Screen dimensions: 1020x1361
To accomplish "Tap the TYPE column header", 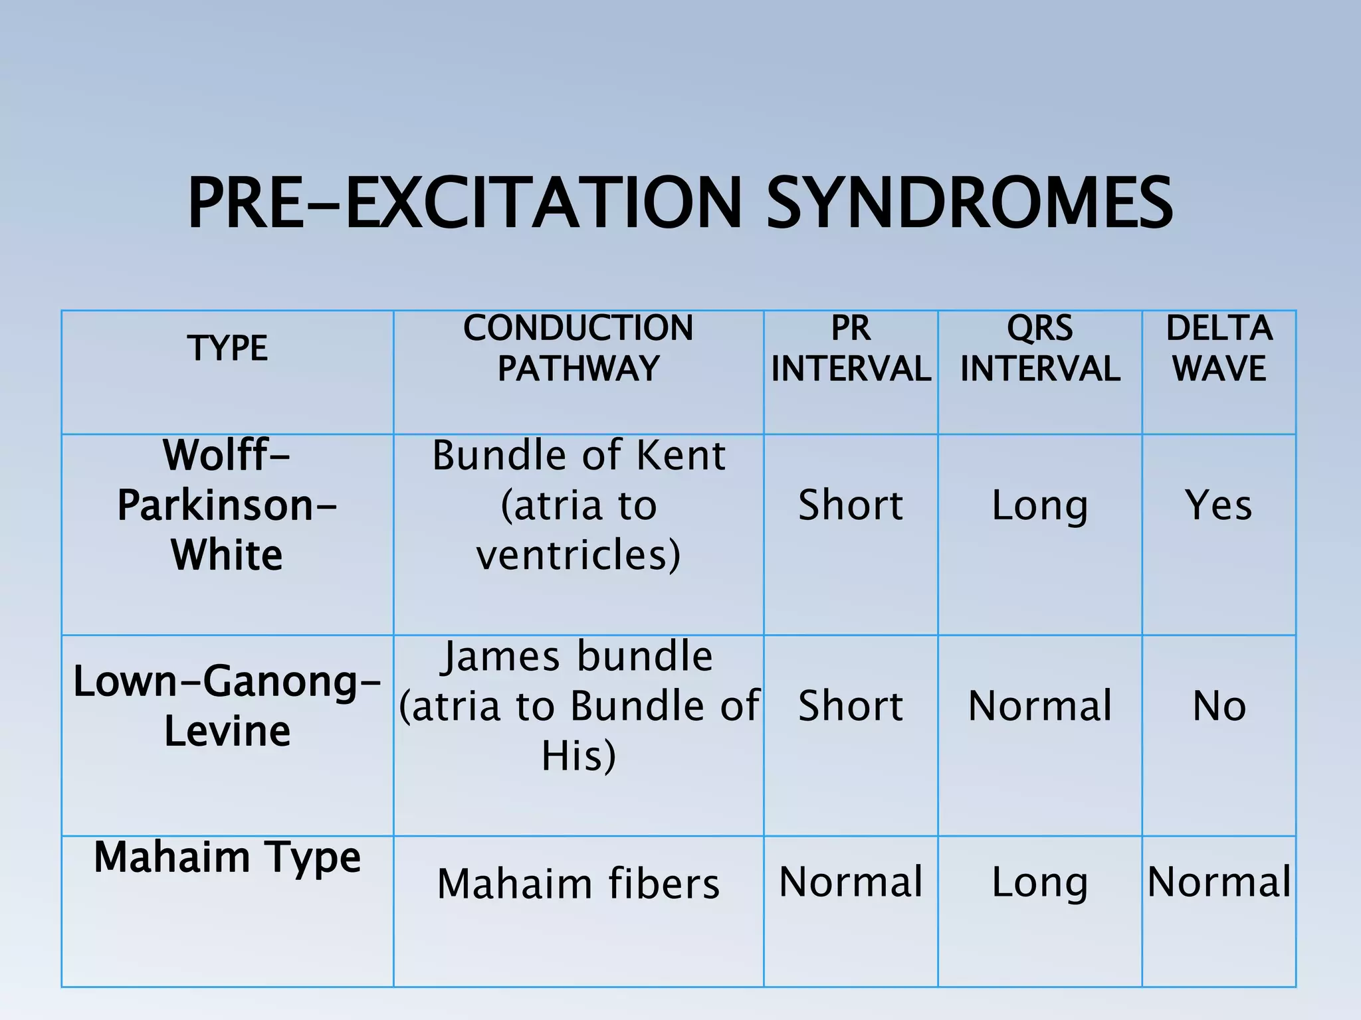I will click(x=227, y=348).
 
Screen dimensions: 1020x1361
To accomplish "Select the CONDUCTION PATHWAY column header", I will click(x=578, y=348).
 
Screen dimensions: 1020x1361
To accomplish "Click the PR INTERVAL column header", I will click(x=851, y=348).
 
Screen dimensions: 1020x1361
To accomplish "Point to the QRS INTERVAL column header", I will click(x=1040, y=348).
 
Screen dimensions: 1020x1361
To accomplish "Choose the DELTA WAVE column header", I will click(x=1219, y=348).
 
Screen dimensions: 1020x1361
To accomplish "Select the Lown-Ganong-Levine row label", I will click(x=227, y=706).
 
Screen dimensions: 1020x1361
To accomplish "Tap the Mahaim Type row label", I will click(x=227, y=857).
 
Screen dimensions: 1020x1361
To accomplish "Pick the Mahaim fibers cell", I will click(x=578, y=883).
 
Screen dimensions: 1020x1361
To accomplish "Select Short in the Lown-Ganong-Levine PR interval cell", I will click(x=851, y=705).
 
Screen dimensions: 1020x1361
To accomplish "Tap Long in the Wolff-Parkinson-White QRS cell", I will click(x=1040, y=506).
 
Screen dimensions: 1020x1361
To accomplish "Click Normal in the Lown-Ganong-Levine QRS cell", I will click(x=1040, y=705).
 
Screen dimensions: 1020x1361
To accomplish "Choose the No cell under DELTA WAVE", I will click(x=1219, y=705).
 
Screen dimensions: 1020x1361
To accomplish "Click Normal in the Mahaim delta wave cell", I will click(x=1219, y=882).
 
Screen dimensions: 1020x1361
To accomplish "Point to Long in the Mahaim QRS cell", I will click(x=1040, y=883).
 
